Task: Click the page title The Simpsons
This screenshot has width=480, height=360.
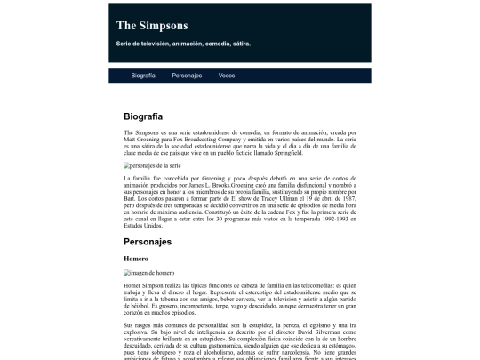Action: click(152, 25)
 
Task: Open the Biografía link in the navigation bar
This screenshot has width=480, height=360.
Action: click(143, 76)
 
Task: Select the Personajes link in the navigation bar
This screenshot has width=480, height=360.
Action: click(187, 76)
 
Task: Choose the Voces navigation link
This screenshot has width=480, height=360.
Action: click(227, 76)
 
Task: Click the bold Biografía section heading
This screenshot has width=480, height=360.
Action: click(143, 116)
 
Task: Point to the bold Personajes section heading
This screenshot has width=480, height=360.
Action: click(147, 241)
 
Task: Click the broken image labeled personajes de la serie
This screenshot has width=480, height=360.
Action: click(153, 165)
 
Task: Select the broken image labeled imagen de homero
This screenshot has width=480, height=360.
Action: click(149, 273)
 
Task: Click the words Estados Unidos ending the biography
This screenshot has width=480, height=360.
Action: click(143, 227)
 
